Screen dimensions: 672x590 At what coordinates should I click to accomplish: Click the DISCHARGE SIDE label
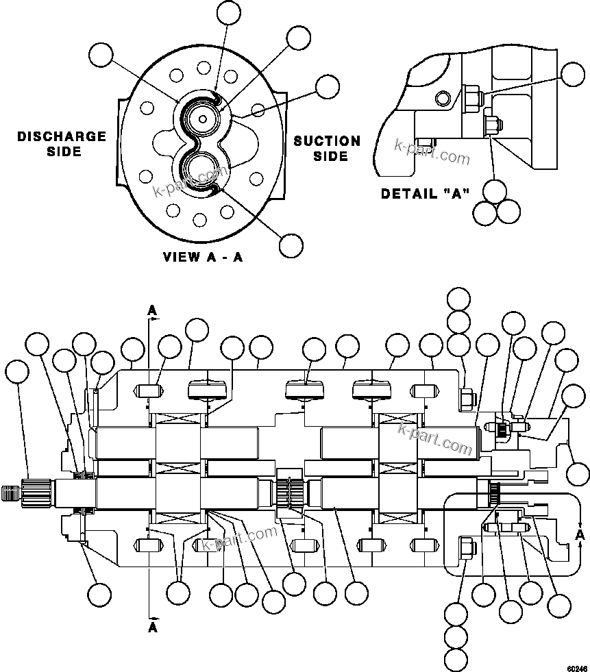(x=62, y=144)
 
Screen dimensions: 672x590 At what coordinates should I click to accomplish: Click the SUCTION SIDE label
(x=327, y=149)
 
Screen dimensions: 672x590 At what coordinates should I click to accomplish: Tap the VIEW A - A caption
(x=203, y=258)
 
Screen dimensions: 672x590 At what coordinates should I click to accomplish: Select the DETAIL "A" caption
(x=425, y=194)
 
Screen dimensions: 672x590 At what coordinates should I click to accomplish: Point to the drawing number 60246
(x=576, y=665)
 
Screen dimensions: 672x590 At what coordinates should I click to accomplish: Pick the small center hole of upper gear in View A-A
(x=203, y=119)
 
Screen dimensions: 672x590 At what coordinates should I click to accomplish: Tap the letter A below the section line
(x=153, y=626)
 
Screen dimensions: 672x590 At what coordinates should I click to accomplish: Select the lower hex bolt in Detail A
(x=491, y=126)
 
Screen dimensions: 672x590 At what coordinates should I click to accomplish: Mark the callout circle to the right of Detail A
(x=572, y=73)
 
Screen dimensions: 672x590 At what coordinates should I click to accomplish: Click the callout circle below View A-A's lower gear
(x=291, y=245)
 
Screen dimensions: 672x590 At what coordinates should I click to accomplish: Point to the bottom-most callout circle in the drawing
(x=456, y=659)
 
